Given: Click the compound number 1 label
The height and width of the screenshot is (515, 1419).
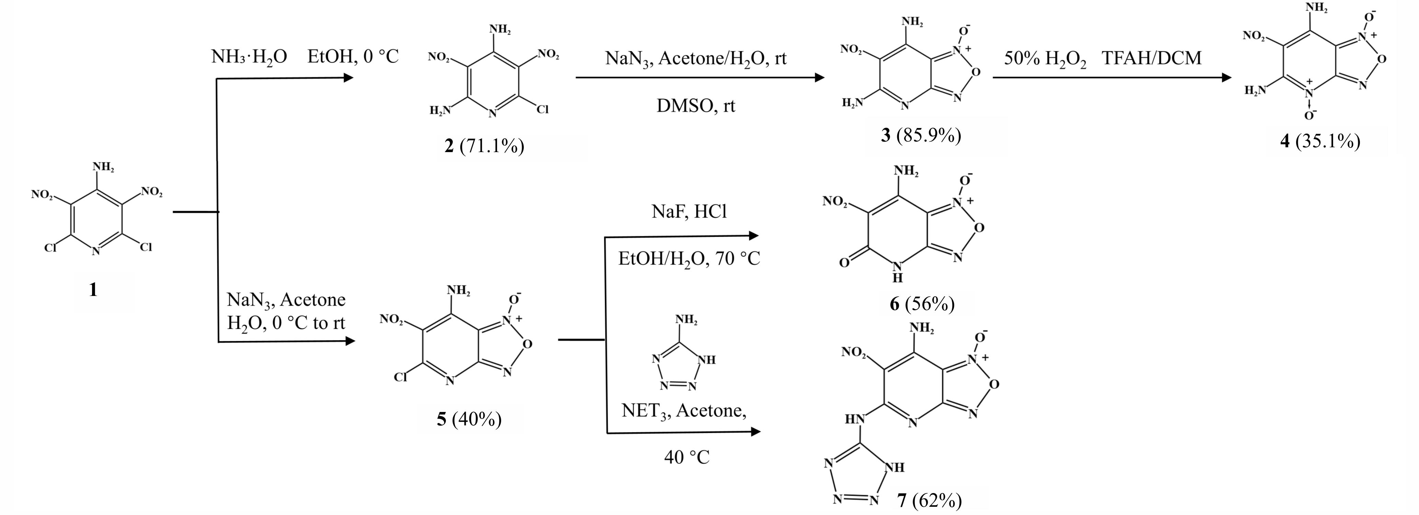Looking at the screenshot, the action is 93,289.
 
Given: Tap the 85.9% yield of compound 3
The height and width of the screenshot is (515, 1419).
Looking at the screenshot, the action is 929,135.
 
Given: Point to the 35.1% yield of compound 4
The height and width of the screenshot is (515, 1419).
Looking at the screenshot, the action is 1328,141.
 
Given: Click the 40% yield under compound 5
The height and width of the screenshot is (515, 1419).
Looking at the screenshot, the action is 476,419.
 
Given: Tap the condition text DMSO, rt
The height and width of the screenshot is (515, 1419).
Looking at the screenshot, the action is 696,105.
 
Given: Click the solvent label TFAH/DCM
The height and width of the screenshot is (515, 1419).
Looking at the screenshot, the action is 1152,57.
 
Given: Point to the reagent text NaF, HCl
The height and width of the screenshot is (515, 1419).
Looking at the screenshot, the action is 689,211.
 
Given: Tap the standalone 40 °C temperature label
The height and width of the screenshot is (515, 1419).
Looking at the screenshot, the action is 687,457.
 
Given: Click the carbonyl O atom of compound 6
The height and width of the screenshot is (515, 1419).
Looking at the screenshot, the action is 844,263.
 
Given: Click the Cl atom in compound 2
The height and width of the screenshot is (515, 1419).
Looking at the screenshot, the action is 543,110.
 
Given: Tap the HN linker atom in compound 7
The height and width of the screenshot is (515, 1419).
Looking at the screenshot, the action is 855,420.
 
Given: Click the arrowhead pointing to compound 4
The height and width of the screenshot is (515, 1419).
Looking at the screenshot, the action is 1226,78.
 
